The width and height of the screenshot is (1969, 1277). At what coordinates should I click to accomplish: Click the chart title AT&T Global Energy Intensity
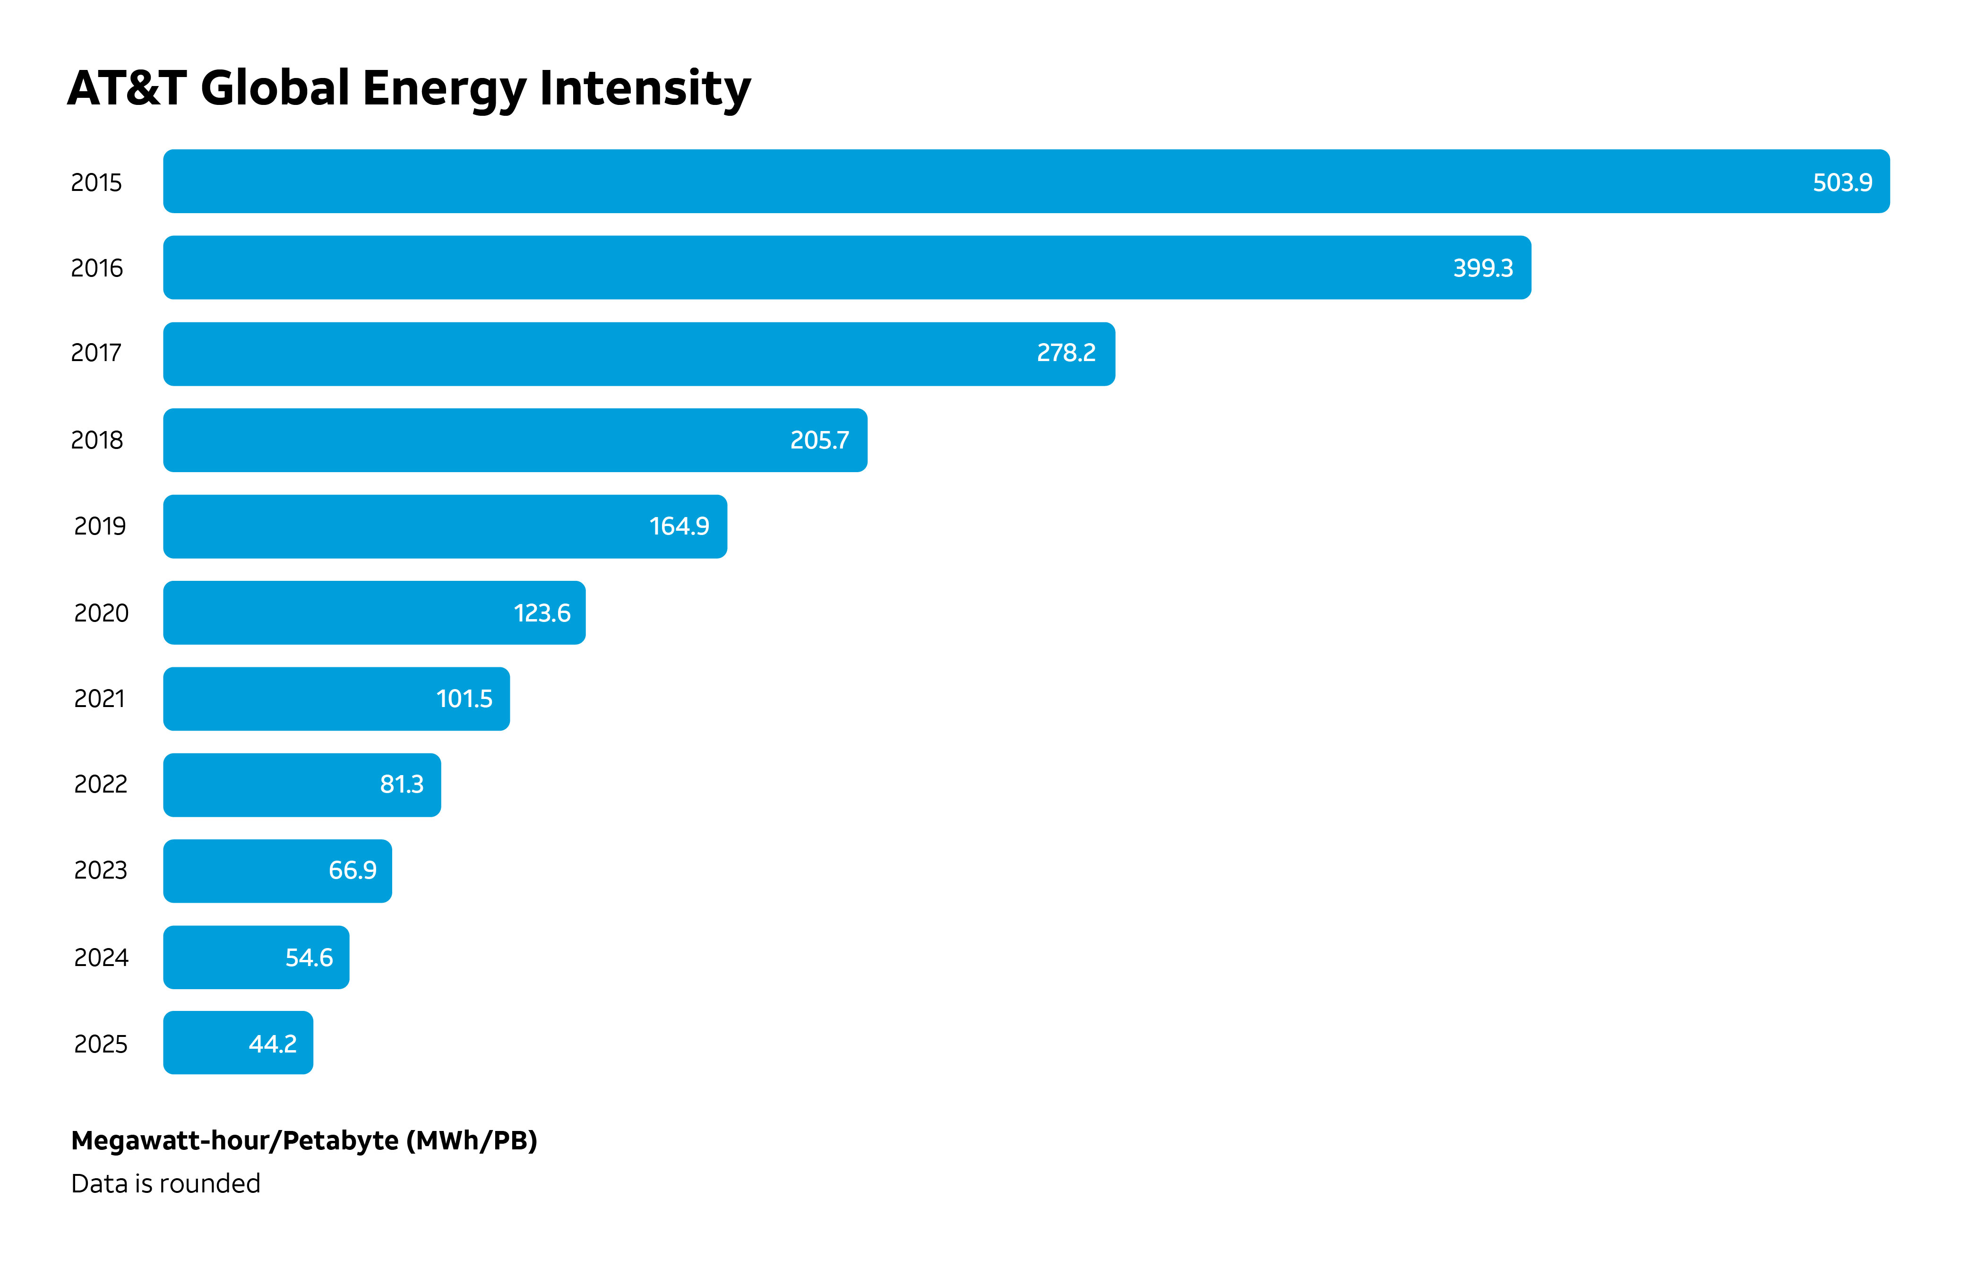[x=409, y=88]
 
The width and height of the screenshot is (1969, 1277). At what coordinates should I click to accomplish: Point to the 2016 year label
[x=97, y=268]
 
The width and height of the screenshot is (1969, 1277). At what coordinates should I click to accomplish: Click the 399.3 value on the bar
[x=1483, y=268]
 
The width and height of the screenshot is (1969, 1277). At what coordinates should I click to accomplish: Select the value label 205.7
[x=819, y=440]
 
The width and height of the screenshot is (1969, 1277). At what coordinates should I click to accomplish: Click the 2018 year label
[x=97, y=440]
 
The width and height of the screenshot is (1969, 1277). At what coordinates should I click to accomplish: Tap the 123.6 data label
[x=542, y=613]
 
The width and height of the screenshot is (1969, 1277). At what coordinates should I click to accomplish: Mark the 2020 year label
[x=101, y=613]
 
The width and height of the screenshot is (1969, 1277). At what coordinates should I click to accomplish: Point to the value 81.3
[x=401, y=784]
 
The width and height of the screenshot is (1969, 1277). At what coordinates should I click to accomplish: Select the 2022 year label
[x=101, y=784]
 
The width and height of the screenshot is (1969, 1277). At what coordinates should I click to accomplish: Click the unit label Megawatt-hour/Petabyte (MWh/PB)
[x=304, y=1140]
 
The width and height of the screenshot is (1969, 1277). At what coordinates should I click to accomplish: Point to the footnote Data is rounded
[x=165, y=1183]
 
